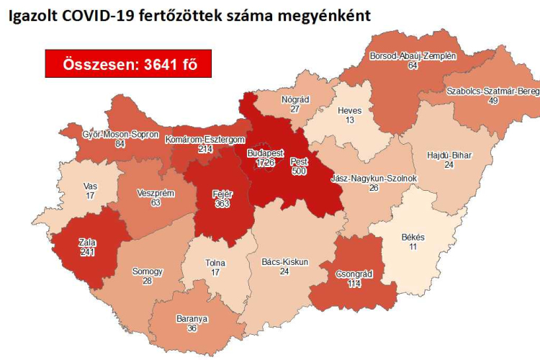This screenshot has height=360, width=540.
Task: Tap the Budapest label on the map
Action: [x=265, y=154]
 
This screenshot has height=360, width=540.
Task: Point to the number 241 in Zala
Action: [x=86, y=253]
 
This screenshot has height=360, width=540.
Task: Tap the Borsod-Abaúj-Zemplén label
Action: [x=413, y=55]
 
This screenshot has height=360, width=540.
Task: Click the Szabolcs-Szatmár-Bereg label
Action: [x=492, y=91]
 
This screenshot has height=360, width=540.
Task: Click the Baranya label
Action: [x=192, y=318]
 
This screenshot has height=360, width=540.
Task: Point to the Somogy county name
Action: [x=148, y=271]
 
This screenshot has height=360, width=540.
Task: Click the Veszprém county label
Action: [x=156, y=194]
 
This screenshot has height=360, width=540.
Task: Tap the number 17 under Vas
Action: [x=90, y=194]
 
